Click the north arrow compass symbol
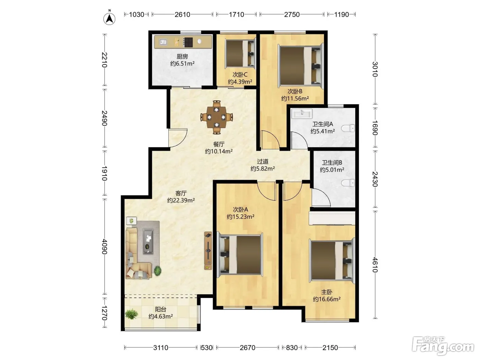[109, 18]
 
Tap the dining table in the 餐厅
[216, 117]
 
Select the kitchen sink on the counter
[163, 42]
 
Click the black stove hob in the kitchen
[188, 42]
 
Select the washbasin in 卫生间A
[302, 114]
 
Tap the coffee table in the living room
[148, 241]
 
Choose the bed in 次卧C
[240, 53]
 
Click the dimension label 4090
[105, 247]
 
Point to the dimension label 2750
[292, 15]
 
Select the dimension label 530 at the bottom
[207, 347]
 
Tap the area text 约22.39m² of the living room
[181, 200]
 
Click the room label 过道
[262, 161]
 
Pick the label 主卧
[327, 292]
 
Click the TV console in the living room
[208, 251]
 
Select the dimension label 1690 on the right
[375, 128]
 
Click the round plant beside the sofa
[157, 271]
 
